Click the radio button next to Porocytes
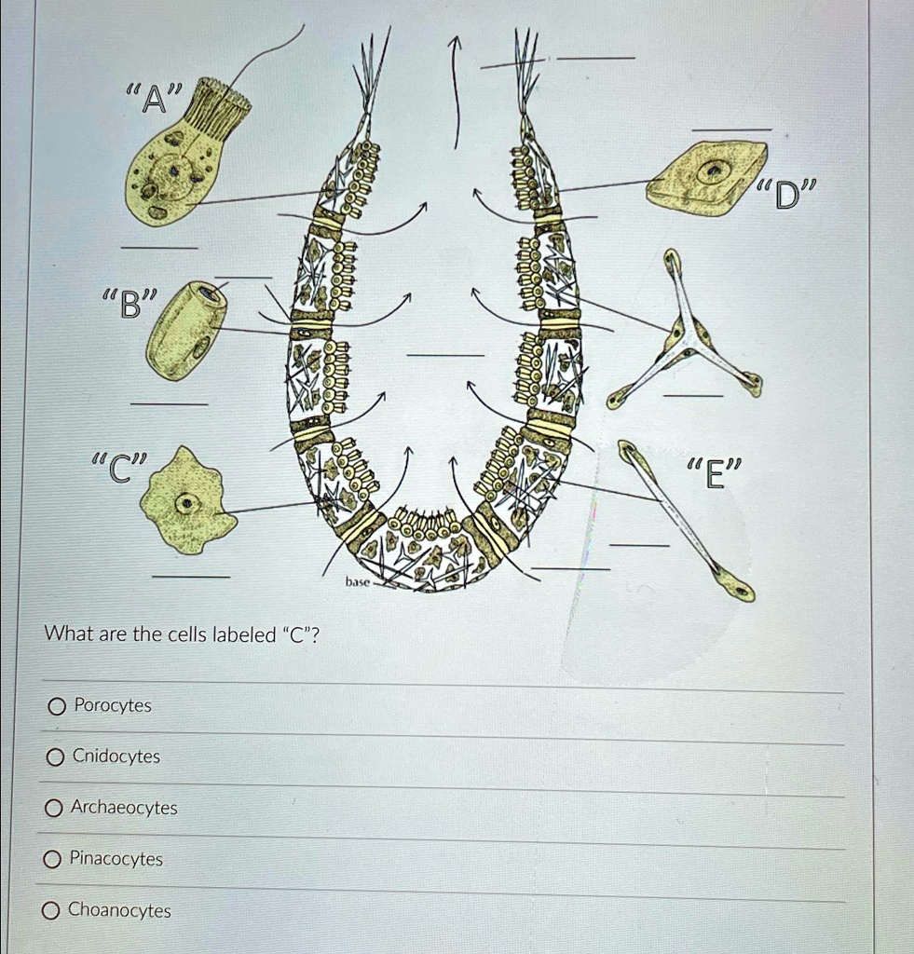tap(58, 706)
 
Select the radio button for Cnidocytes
tap(57, 756)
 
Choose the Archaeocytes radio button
tap(55, 808)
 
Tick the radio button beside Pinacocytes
tap(54, 859)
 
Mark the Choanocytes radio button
tap(53, 910)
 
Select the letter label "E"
tap(714, 474)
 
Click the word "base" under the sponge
tap(358, 581)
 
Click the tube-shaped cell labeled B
tap(186, 330)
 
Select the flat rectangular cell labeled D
tap(707, 176)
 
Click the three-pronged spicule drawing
tap(686, 336)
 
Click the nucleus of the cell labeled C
tap(188, 504)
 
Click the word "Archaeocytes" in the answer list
tap(124, 808)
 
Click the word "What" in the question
tap(65, 635)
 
